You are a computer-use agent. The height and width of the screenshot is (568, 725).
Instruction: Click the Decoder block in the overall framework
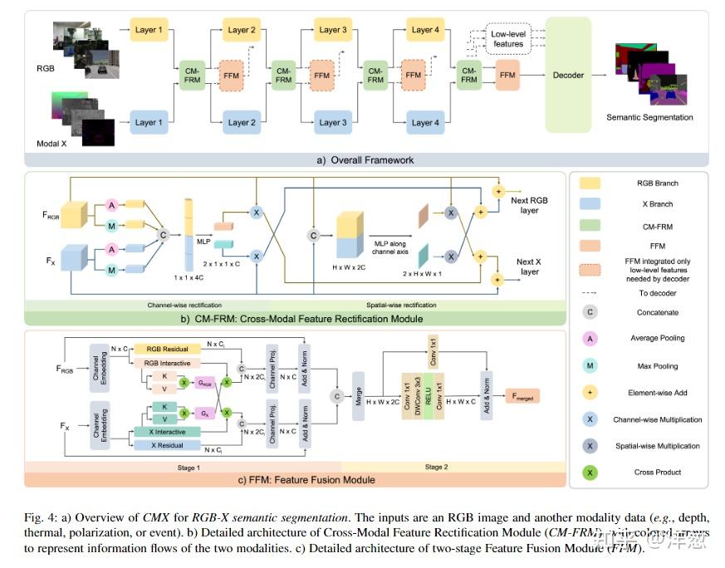(568, 76)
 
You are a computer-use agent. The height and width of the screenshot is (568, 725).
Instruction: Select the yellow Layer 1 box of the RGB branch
(149, 31)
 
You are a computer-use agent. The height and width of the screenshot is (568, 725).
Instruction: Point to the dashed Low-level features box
(508, 38)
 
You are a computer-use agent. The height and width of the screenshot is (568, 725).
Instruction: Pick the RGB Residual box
(168, 349)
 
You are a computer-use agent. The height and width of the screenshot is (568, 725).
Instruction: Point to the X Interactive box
(167, 431)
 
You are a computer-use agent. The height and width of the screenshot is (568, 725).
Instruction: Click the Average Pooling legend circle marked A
(590, 339)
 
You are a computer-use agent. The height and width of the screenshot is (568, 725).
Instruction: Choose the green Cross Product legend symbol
(590, 473)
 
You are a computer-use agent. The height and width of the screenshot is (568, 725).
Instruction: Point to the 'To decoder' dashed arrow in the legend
(590, 291)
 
